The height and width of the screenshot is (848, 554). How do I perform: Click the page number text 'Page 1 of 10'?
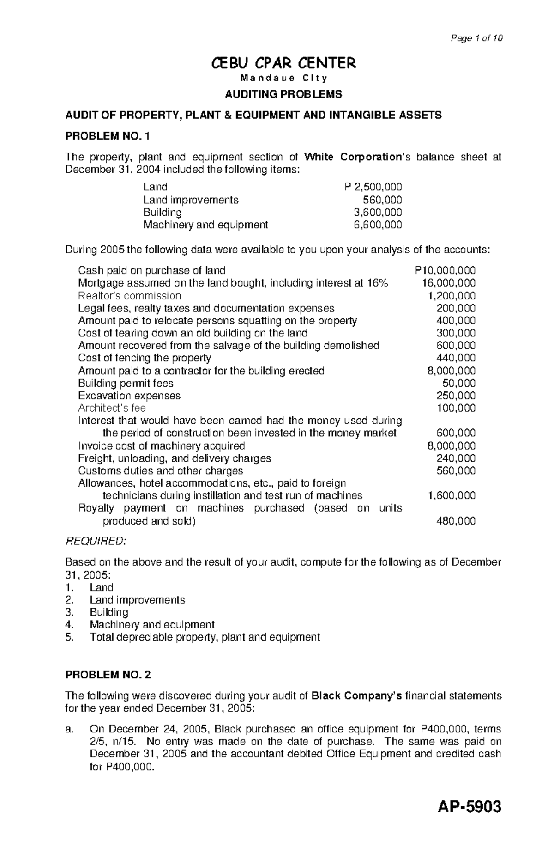(476, 38)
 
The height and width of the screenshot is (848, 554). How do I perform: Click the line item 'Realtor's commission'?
(129, 296)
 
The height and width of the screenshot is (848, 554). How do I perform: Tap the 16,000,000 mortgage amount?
(449, 283)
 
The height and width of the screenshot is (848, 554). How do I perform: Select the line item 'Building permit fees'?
(126, 383)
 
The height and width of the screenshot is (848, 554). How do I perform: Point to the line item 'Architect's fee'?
(112, 408)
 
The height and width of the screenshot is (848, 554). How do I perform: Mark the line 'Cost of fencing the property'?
(145, 358)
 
